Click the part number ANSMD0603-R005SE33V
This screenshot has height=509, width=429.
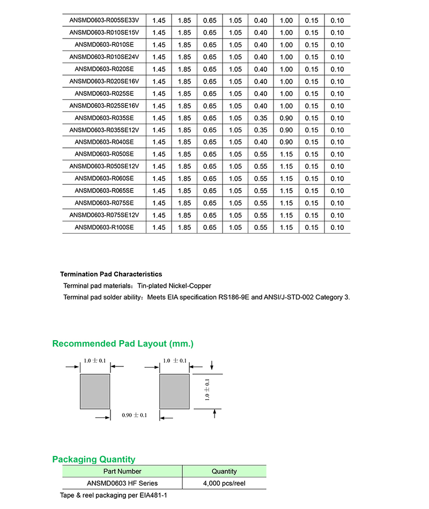coord(104,20)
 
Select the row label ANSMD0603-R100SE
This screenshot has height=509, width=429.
coord(104,227)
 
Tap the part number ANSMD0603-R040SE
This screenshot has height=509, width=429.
coord(104,142)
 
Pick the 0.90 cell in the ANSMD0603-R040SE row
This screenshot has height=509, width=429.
coord(286,142)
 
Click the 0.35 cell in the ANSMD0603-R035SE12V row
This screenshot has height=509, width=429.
coord(261,130)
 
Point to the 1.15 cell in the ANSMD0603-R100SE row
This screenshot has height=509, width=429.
coord(286,227)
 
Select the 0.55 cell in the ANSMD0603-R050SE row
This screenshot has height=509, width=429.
coord(261,154)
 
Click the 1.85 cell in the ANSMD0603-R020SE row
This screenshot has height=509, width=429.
coord(184,69)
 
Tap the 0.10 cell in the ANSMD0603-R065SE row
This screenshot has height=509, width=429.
coord(337,191)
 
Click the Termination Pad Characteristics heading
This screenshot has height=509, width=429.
coord(111,274)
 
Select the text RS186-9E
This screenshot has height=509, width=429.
coord(232,297)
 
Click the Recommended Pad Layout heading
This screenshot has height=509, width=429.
coord(123,343)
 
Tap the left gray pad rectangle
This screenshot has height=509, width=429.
coord(95,391)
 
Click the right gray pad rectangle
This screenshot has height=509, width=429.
coord(175,391)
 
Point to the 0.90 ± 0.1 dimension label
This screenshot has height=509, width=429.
coord(134,415)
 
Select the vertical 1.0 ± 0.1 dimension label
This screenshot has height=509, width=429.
coord(208,389)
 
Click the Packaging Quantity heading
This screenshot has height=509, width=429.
coord(94,459)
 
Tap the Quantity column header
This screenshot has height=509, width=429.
coord(224,471)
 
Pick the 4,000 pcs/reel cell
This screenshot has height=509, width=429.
coord(224,483)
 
